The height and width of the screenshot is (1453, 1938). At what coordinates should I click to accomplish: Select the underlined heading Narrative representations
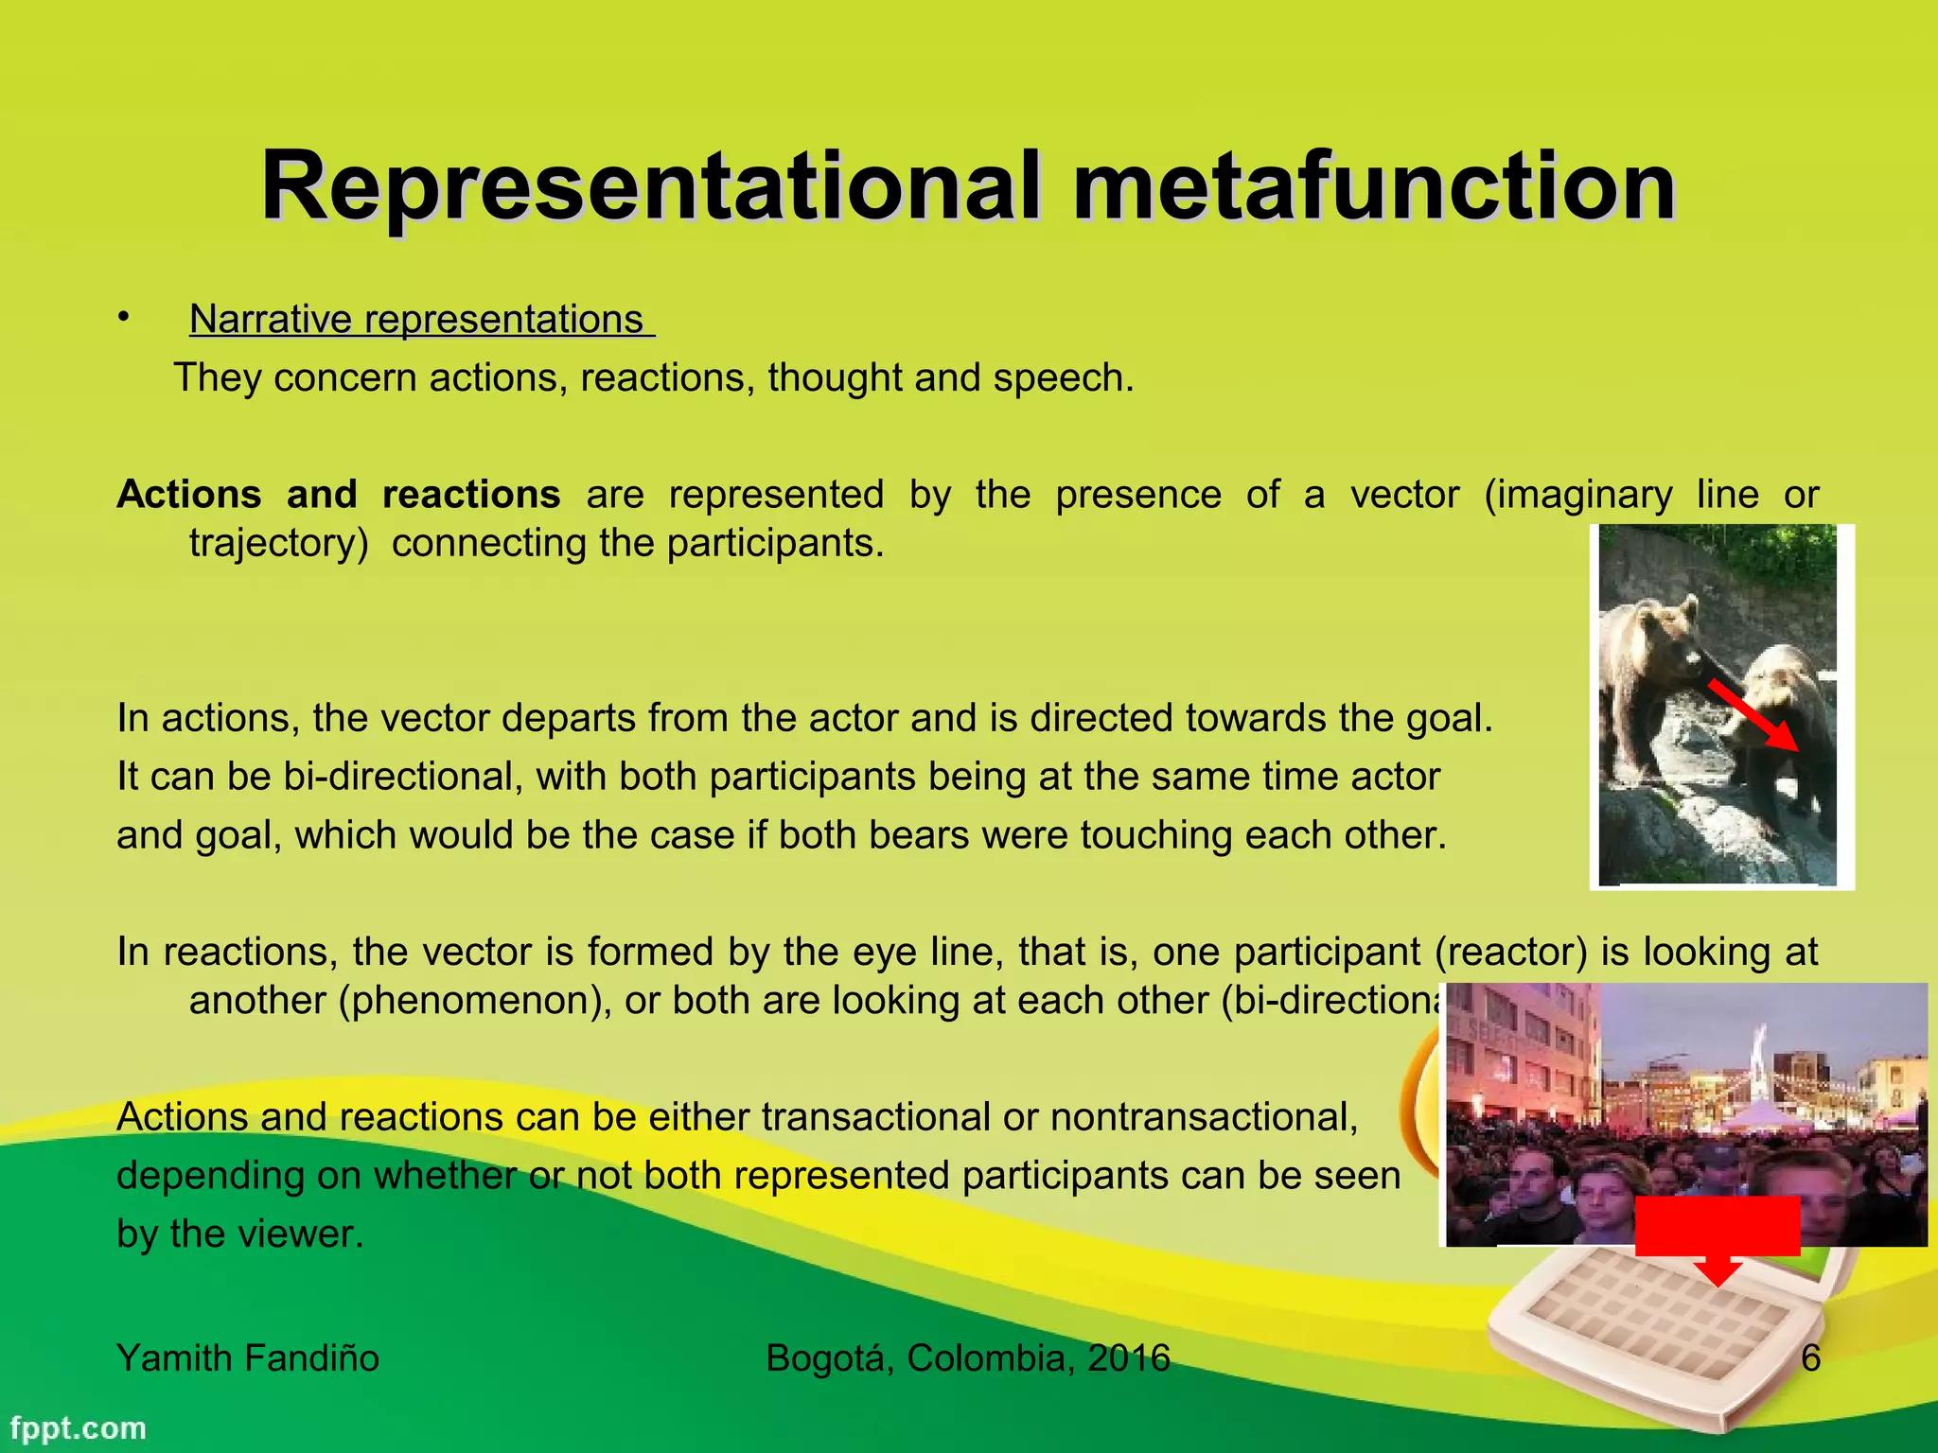(417, 320)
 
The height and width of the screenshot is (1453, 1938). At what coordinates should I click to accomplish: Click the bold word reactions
(471, 495)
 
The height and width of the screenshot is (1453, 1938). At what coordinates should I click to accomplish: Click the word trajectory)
(278, 544)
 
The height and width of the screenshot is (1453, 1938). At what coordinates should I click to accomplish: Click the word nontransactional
(1203, 1117)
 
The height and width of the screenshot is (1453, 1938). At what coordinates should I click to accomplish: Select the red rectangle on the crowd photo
(1717, 1226)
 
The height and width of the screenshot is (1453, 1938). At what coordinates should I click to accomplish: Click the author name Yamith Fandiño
(248, 1358)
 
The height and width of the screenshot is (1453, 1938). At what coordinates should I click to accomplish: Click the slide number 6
(1810, 1358)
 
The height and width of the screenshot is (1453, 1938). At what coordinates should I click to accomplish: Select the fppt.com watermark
(79, 1427)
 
